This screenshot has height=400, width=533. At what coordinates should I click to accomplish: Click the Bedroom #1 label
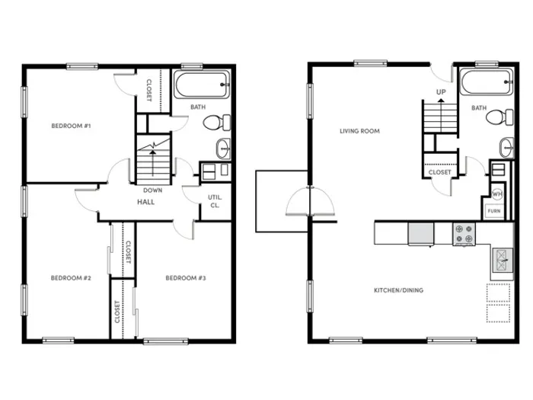click(71, 126)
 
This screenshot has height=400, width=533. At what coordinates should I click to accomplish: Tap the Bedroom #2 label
click(71, 278)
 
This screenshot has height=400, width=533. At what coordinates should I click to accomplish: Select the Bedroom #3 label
click(186, 278)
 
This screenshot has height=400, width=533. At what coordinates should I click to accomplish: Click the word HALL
click(146, 202)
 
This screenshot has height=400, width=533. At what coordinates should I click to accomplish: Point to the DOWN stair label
click(152, 190)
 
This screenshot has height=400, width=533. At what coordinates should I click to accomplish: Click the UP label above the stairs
click(441, 92)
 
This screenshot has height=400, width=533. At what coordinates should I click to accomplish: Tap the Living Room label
click(359, 131)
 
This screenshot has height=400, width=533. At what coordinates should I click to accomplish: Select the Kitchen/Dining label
click(399, 290)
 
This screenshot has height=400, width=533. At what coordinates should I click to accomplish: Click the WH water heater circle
click(497, 194)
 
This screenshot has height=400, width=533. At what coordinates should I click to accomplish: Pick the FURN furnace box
click(494, 211)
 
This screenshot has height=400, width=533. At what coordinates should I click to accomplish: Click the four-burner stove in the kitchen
click(464, 234)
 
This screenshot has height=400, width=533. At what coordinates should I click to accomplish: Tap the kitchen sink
click(503, 261)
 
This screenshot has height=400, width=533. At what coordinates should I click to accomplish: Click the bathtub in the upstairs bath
click(202, 85)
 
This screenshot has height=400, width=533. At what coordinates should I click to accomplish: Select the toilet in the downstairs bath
click(499, 117)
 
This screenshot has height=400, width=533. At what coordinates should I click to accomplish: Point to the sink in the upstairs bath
click(223, 149)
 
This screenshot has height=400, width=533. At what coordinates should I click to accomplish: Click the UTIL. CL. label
click(215, 201)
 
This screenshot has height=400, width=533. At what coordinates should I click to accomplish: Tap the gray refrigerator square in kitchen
click(421, 234)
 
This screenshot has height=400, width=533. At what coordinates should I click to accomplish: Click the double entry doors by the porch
click(310, 202)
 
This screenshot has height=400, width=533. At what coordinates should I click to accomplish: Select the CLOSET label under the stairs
click(440, 172)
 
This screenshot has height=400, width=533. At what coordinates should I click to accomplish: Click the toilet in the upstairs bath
click(217, 123)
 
